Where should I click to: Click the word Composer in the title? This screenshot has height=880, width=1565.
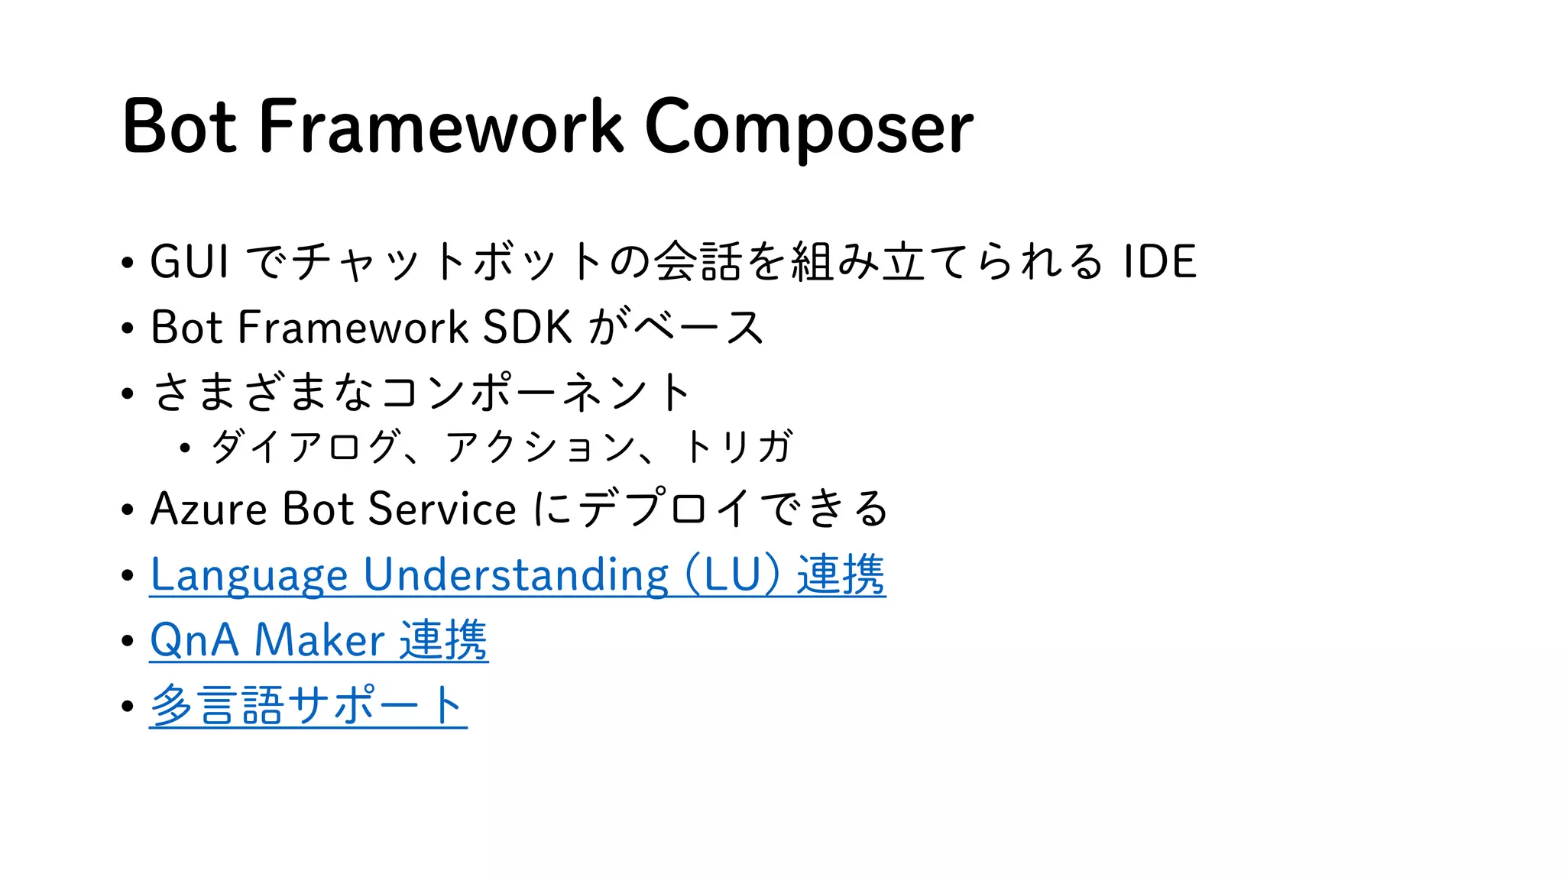click(808, 127)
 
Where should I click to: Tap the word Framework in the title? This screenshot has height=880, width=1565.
click(441, 127)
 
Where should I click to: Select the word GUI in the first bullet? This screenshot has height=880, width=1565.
click(189, 261)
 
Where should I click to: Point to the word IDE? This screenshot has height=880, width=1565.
click(1159, 261)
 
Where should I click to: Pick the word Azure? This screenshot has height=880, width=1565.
click(209, 509)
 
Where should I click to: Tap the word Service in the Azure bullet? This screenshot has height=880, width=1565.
click(442, 509)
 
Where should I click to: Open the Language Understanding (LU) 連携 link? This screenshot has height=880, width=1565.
click(517, 574)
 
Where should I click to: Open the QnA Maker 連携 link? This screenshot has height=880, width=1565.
click(319, 640)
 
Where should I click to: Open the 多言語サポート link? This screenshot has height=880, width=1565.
click(308, 705)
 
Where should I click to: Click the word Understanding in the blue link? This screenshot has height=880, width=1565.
click(516, 574)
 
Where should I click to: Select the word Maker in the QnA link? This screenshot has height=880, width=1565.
click(319, 640)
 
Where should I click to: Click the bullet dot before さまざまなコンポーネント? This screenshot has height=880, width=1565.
click(128, 394)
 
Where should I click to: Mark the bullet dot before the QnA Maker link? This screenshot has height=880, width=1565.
click(128, 641)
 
